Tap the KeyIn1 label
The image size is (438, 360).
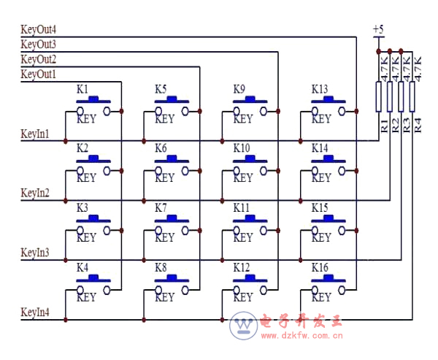(35, 134)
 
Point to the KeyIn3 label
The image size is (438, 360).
(35, 253)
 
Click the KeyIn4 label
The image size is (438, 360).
(35, 313)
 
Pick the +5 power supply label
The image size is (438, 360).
(378, 29)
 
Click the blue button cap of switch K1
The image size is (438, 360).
(93, 99)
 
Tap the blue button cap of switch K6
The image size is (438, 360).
(172, 158)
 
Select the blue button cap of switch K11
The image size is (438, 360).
(250, 218)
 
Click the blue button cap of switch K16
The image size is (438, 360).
(328, 278)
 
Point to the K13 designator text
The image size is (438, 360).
(320, 89)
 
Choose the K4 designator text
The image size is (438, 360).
(82, 268)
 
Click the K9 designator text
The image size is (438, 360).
(239, 89)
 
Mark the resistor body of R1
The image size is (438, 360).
(378, 96)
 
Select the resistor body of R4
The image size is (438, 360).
(413, 96)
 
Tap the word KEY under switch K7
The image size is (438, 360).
(164, 237)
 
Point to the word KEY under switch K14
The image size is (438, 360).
(321, 177)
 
